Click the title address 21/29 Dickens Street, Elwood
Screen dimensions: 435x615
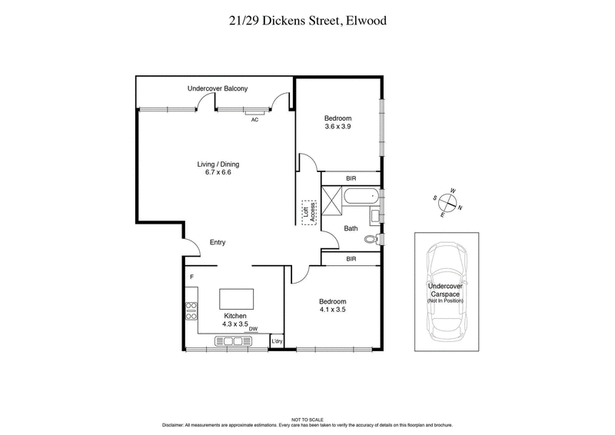click(307, 21)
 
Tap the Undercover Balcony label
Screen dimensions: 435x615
click(218, 89)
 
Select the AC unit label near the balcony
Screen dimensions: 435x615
click(254, 119)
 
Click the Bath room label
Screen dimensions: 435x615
click(351, 228)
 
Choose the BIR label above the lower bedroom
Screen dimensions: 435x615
click(351, 259)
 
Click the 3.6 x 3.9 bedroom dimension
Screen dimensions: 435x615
click(337, 127)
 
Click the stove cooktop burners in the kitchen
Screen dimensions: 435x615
click(191, 310)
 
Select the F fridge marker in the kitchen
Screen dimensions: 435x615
click(190, 276)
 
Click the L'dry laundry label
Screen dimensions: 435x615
click(277, 341)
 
